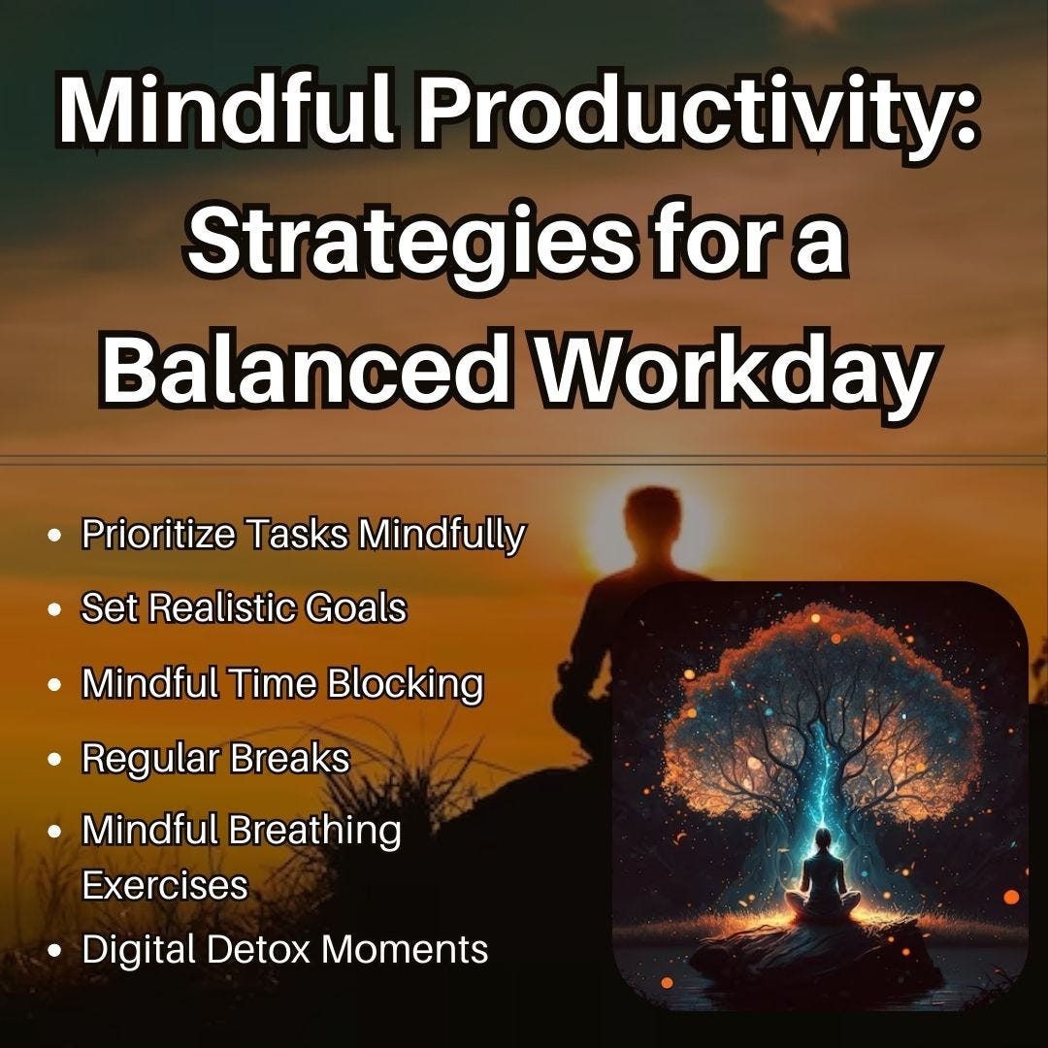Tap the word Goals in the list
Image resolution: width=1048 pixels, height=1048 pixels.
click(x=354, y=608)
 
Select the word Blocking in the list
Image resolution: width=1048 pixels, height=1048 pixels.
click(x=405, y=683)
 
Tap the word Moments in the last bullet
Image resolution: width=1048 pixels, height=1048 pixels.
click(x=405, y=949)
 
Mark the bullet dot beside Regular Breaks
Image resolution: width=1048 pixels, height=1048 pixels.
click(x=56, y=759)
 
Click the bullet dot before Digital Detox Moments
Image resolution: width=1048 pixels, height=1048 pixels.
click(x=56, y=950)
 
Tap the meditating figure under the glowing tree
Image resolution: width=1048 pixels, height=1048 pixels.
click(x=823, y=878)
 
